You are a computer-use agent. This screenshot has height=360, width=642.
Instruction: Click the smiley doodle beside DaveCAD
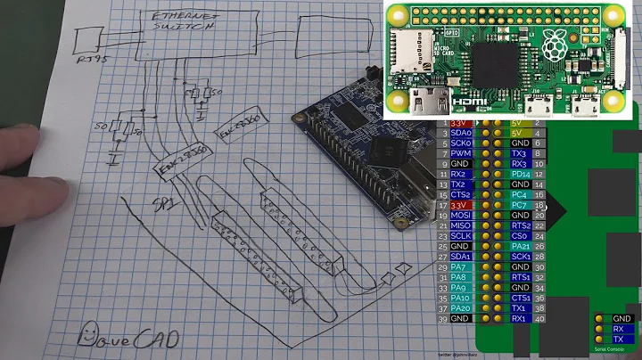[87, 335]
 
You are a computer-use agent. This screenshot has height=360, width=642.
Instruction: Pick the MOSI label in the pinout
[462, 215]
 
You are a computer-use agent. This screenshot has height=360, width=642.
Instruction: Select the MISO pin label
[462, 225]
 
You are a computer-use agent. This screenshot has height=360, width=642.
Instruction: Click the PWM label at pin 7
[462, 153]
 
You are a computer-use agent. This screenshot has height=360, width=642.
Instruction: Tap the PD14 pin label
[522, 174]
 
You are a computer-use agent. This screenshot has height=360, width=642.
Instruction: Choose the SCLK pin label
[462, 235]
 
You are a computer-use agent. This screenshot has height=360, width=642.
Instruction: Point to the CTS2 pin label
[462, 194]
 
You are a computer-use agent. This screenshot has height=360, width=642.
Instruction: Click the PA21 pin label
[522, 246]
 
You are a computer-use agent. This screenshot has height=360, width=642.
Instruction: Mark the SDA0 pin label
[462, 133]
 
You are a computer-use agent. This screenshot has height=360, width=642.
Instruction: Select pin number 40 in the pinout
[539, 318]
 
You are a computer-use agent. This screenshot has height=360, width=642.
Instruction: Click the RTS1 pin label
[522, 277]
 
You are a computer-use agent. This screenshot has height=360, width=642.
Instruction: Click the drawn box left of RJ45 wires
[87, 39]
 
